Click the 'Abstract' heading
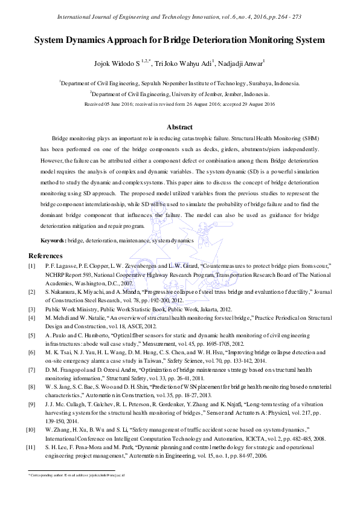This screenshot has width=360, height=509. coord(179,128)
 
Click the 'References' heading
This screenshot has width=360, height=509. coord(45,256)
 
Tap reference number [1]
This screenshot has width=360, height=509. coord(31,266)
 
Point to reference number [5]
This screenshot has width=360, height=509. coord(31,334)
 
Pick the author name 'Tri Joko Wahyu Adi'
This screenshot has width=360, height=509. coord(181,62)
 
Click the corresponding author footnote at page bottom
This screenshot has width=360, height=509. coord(77,477)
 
